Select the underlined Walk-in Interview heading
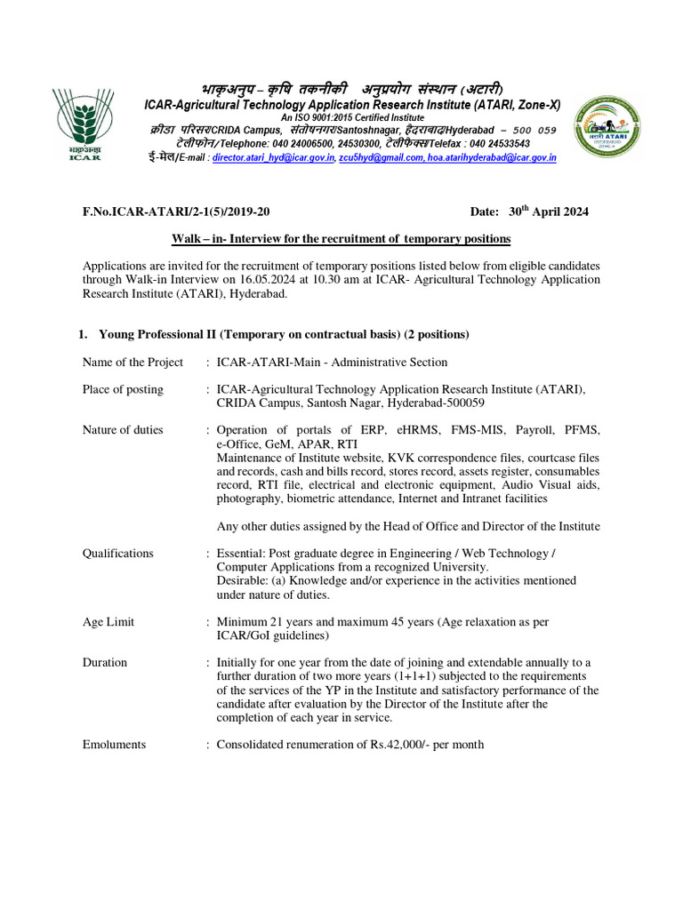pos(341,240)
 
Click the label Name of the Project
pos(133,362)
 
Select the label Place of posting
pos(123,389)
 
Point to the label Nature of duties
pos(123,430)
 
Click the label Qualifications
pos(118,553)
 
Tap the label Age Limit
pos(108,622)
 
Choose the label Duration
pos(105,663)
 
